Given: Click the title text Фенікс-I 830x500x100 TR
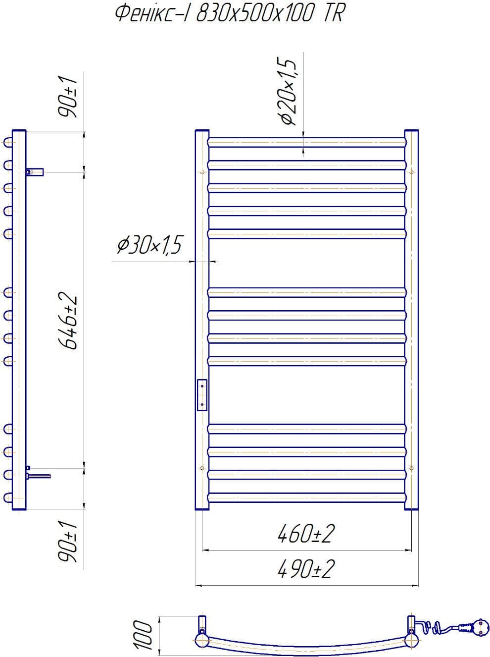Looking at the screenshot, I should [x=228, y=14].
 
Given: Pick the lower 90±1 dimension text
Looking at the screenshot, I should [x=67, y=543].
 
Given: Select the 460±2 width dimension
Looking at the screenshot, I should [x=306, y=534].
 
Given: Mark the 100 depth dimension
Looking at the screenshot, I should [x=143, y=635].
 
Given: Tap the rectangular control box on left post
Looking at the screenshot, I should [x=202, y=395].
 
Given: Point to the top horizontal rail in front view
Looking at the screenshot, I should [x=307, y=142].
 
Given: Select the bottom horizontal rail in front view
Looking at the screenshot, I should [x=307, y=498].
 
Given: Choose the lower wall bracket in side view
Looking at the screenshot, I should [x=39, y=476].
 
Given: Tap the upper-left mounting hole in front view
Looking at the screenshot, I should [x=202, y=172].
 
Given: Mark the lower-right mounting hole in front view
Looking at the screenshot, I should [x=412, y=468].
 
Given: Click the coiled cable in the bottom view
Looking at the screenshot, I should [x=438, y=629].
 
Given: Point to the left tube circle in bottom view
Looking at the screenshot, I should [x=202, y=640].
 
